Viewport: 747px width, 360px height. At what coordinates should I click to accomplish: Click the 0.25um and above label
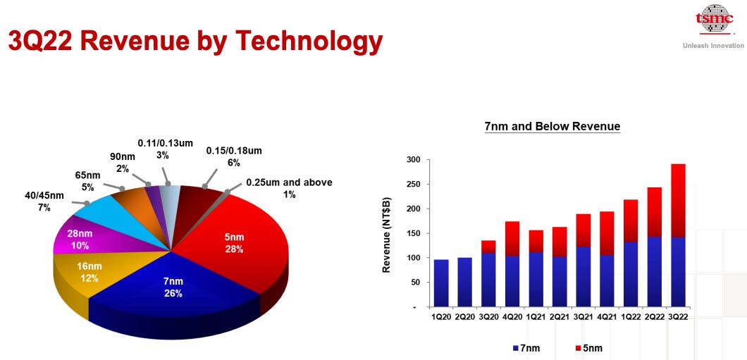click(x=288, y=188)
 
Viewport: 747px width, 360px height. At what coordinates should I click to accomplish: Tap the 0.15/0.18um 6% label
click(x=233, y=156)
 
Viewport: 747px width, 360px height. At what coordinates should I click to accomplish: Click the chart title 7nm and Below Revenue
click(x=552, y=127)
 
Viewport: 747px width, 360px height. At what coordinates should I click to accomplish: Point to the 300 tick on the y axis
click(x=412, y=160)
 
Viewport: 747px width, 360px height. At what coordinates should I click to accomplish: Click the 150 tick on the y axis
click(x=412, y=233)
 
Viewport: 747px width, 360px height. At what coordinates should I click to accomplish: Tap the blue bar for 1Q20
click(x=441, y=283)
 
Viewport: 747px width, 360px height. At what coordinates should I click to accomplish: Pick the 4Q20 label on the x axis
click(x=512, y=318)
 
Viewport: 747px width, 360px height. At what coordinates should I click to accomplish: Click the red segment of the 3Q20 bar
click(x=488, y=246)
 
